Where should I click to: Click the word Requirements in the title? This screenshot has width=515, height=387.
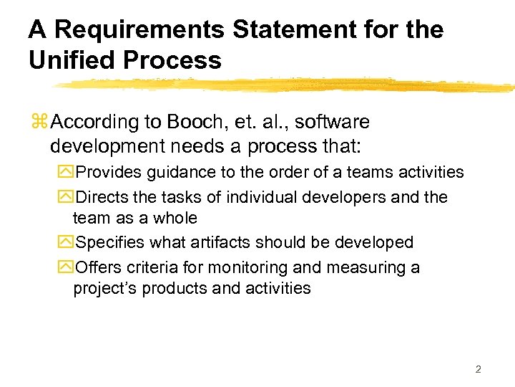[x=135, y=30]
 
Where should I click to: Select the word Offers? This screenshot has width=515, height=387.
[x=99, y=267]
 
